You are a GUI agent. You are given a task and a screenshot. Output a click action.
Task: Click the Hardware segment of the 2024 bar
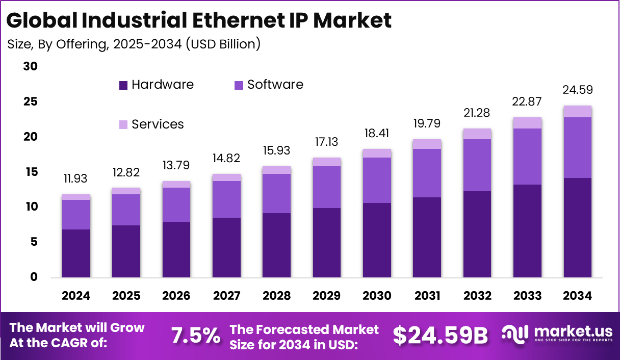(76, 253)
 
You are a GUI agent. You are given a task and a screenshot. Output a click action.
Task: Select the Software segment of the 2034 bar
(577, 147)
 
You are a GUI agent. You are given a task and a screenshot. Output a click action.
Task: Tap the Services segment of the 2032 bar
(477, 134)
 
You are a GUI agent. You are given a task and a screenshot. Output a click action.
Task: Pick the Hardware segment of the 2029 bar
(327, 243)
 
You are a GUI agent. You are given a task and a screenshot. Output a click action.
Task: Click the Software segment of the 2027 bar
(226, 199)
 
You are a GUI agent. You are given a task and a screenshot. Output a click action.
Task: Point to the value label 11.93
(76, 179)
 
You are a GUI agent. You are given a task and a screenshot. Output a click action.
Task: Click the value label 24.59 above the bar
(577, 90)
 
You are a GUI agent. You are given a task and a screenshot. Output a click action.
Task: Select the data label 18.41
(377, 134)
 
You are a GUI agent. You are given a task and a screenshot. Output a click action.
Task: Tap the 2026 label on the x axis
(176, 296)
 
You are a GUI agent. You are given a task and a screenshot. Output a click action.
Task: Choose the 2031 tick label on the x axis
(427, 296)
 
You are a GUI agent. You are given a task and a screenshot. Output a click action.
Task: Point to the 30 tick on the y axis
(31, 67)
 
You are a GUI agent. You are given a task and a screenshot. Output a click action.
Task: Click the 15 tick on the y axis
(31, 172)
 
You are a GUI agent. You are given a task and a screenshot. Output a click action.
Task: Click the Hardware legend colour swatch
(123, 85)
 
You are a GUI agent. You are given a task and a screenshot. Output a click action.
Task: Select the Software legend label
(275, 85)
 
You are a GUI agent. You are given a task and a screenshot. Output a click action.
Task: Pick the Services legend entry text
(158, 124)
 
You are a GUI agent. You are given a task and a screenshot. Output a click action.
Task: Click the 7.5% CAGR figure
(196, 336)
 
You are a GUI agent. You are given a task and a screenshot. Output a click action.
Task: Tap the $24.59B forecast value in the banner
(440, 336)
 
